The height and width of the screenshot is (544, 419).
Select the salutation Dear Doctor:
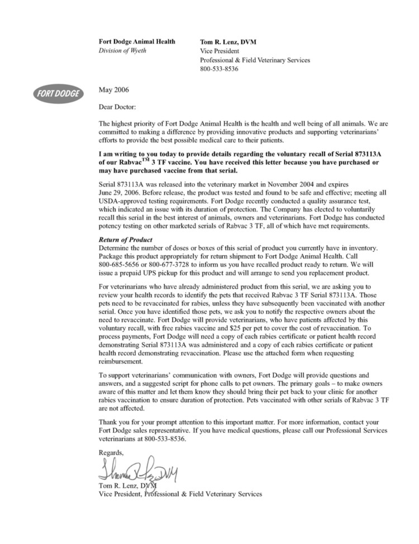point(117,105)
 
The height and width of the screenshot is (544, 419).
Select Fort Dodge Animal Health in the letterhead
point(136,42)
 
